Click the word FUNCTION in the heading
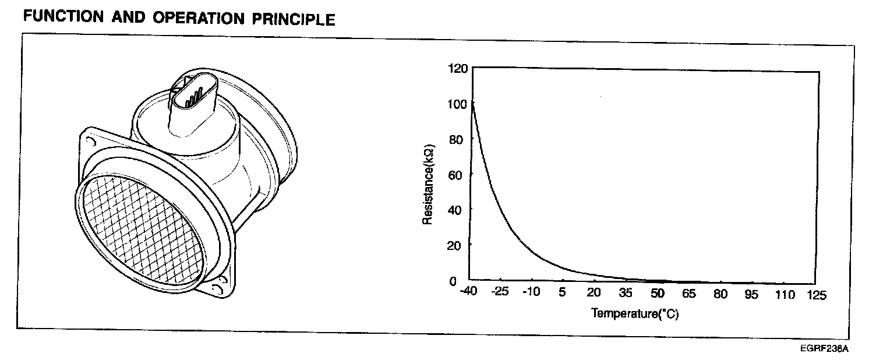[x=63, y=16]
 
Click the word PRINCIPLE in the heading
[x=294, y=19]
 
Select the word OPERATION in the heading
[x=198, y=18]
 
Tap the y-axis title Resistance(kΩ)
[x=428, y=185]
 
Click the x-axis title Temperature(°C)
[x=635, y=314]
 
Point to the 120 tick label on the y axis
[x=458, y=69]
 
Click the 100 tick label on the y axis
[x=457, y=104]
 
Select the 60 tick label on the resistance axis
[x=455, y=175]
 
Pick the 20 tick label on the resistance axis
[x=454, y=246]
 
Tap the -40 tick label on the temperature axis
[x=468, y=291]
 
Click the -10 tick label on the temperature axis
[x=531, y=291]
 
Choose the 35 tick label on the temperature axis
[x=626, y=292]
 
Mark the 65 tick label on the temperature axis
[x=689, y=294]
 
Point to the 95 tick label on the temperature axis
[x=751, y=294]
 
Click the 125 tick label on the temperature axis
[x=817, y=295]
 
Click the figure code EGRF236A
[x=824, y=348]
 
